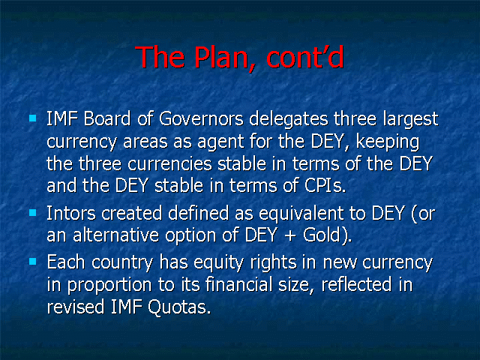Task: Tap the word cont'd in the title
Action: point(305,57)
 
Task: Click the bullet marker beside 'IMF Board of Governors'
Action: point(33,118)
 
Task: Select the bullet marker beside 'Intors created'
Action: point(33,213)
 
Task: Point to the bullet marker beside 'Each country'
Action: point(33,262)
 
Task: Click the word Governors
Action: point(202,118)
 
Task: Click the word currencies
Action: point(170,163)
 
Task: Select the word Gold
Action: point(322,235)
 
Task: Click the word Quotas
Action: point(179,307)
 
